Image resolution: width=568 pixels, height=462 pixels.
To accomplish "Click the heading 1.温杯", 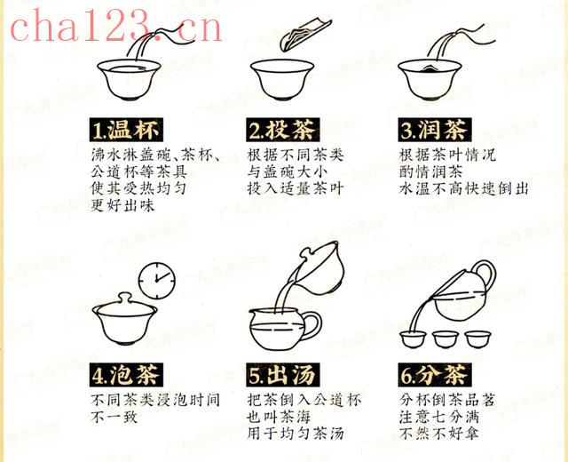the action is click(126, 130).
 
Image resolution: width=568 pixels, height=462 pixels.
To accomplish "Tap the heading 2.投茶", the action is click(282, 130).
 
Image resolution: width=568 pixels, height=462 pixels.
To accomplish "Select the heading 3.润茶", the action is click(435, 130).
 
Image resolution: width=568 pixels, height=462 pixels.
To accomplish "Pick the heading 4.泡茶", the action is click(126, 375).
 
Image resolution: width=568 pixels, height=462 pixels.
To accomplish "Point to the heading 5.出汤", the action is click(282, 375).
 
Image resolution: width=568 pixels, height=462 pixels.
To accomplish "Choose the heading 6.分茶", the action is click(435, 375).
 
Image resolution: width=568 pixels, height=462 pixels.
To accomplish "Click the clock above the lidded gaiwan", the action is click(157, 281).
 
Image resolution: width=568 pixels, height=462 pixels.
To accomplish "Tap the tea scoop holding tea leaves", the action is click(305, 36).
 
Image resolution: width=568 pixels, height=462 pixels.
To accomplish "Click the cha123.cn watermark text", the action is click(116, 26).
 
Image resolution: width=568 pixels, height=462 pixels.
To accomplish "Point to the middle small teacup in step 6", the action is click(446, 339).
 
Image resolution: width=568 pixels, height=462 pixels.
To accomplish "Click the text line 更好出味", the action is click(122, 205).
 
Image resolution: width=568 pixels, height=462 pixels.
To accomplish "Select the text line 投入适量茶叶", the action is click(296, 188).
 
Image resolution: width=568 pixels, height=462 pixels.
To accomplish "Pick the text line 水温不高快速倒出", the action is click(463, 188).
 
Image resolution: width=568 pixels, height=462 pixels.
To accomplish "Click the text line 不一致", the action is click(114, 417).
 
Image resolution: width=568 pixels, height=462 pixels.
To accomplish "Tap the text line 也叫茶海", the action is click(279, 417).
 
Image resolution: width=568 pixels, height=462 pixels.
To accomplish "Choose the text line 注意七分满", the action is click(439, 417).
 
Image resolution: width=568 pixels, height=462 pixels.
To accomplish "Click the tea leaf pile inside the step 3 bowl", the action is click(429, 68).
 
